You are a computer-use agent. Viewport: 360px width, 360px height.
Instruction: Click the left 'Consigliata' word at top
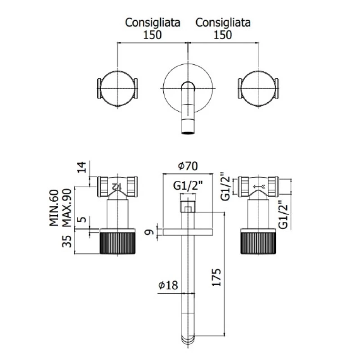(153, 22)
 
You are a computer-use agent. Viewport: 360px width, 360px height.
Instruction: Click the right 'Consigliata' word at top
(223, 22)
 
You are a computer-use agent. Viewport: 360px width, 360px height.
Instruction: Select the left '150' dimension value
(153, 35)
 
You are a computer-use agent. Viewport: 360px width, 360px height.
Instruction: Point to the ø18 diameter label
(168, 285)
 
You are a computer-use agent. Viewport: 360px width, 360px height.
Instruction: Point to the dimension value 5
(81, 221)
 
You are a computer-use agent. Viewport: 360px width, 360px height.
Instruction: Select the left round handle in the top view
(117, 88)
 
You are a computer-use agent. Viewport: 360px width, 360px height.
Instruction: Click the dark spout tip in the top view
(188, 132)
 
